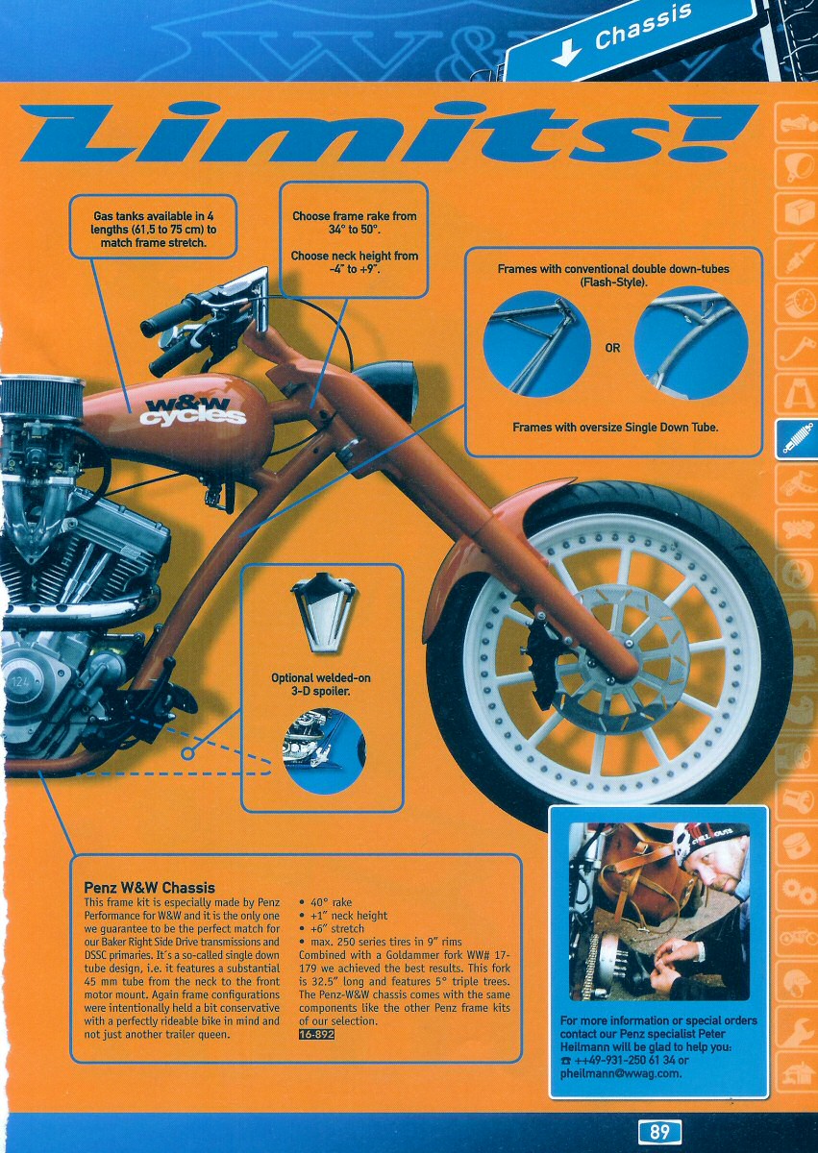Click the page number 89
click(x=659, y=1132)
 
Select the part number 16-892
click(x=316, y=1034)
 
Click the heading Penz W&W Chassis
click(x=149, y=888)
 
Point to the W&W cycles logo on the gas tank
click(x=193, y=412)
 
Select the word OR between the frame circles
click(x=612, y=348)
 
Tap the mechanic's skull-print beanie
click(x=706, y=838)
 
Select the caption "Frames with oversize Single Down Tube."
click(x=614, y=428)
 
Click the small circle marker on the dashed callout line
click(x=188, y=753)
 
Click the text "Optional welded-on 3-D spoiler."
click(x=321, y=684)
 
